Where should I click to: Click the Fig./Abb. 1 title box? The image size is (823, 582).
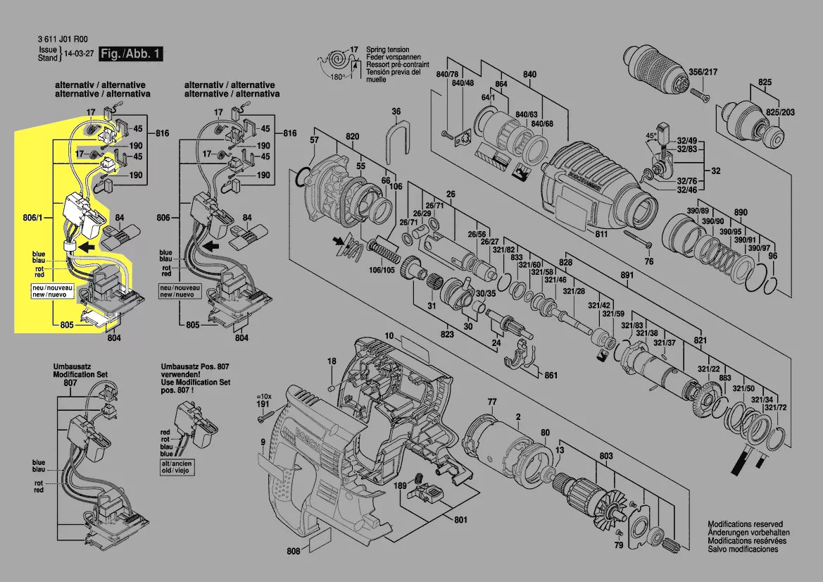click(131, 54)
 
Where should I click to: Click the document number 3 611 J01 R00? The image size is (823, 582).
click(63, 40)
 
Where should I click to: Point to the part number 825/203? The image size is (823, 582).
click(780, 113)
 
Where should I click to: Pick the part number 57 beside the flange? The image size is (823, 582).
click(314, 140)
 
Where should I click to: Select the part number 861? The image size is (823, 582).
click(551, 375)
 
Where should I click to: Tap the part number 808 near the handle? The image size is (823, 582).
click(294, 551)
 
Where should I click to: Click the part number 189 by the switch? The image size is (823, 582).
click(400, 486)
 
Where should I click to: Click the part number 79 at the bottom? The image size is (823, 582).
click(618, 545)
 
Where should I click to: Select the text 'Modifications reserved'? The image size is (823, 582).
click(745, 524)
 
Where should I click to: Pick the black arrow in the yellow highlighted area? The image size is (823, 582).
click(87, 247)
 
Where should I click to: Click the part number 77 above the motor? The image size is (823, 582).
click(492, 402)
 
